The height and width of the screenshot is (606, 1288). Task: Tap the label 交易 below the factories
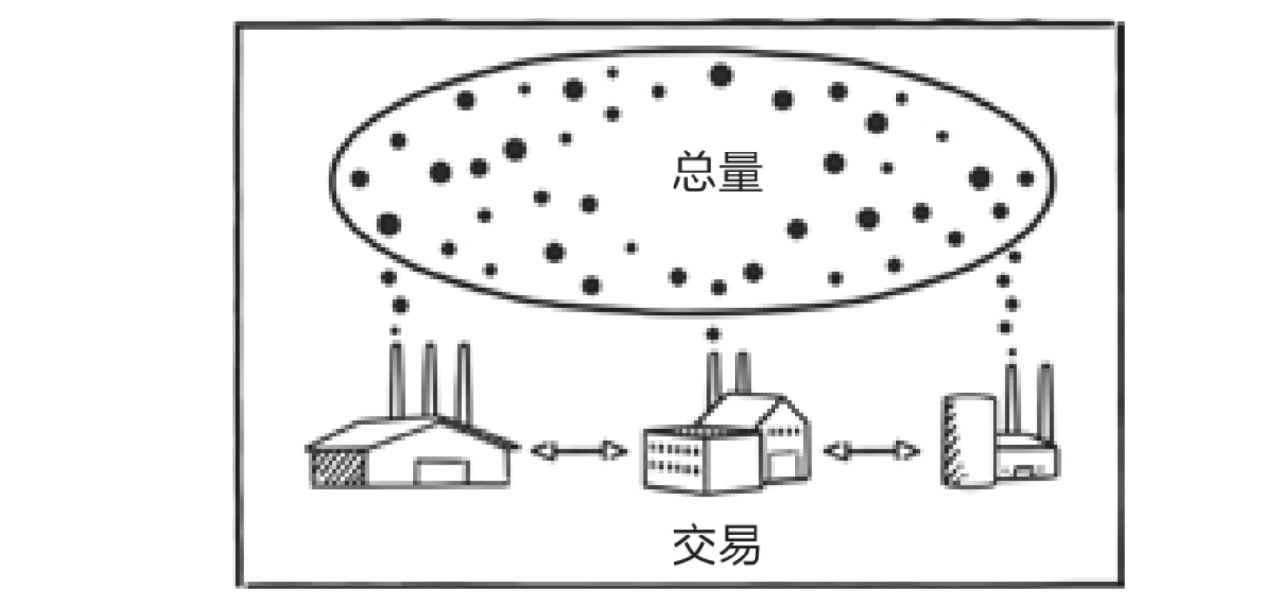click(x=717, y=546)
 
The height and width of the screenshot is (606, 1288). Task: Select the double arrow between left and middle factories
click(x=578, y=451)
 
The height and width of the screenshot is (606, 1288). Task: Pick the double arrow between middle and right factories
click(x=872, y=451)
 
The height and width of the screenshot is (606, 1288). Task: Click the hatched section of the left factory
click(x=340, y=467)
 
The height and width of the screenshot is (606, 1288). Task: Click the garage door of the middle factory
click(x=780, y=464)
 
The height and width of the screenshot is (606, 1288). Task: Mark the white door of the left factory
click(x=440, y=472)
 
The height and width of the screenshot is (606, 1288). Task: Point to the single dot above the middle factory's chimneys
click(x=714, y=333)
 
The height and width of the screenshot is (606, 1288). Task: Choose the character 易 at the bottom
click(x=740, y=546)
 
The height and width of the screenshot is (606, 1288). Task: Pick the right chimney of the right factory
click(x=1044, y=400)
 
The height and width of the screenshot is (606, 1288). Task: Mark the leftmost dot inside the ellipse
click(x=359, y=178)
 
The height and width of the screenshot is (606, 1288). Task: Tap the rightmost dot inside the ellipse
click(x=1026, y=178)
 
